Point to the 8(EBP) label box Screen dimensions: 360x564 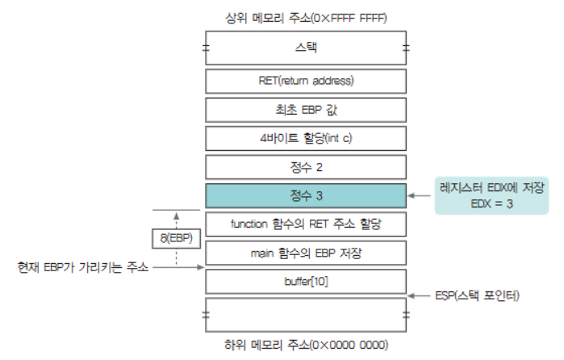point(175,238)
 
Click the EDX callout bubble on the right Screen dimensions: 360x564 point(489,195)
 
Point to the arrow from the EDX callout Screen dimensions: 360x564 point(420,195)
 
